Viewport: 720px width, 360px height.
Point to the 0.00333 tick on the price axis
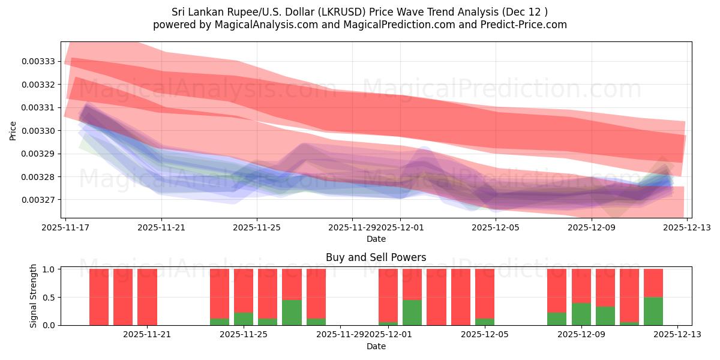pyautogui.click(x=38, y=62)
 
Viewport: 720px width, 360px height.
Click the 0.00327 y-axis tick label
pyautogui.click(x=38, y=200)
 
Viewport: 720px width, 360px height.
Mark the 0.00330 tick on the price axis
pyautogui.click(x=38, y=131)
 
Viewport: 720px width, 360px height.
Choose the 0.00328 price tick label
pyautogui.click(x=38, y=177)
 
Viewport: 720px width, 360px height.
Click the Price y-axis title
pyautogui.click(x=13, y=130)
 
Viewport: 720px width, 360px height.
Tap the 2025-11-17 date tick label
pyautogui.click(x=65, y=227)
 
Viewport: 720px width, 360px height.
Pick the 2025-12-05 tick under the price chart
pyautogui.click(x=496, y=227)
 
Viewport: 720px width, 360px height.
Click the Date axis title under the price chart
pyautogui.click(x=376, y=239)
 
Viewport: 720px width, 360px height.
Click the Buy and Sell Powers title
pyautogui.click(x=376, y=257)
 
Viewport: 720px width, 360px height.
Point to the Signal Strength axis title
pyautogui.click(x=34, y=296)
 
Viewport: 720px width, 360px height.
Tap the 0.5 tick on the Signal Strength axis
pyautogui.click(x=48, y=297)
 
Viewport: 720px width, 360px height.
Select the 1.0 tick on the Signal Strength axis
pyautogui.click(x=48, y=269)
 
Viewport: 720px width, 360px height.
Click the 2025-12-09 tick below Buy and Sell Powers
pyautogui.click(x=581, y=335)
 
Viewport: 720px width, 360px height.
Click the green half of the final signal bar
pyautogui.click(x=653, y=311)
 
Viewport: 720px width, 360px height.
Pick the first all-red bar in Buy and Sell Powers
pyautogui.click(x=99, y=297)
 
